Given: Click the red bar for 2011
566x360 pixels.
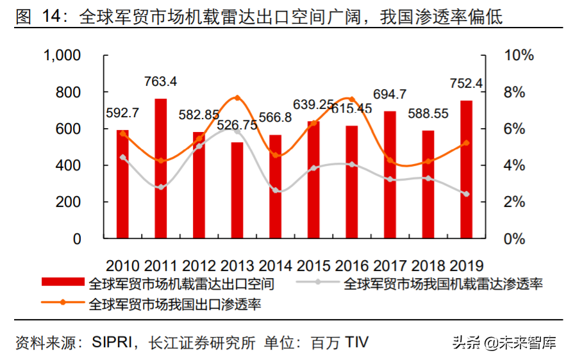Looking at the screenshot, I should point(161,168).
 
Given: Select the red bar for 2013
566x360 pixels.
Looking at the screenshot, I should point(237,190).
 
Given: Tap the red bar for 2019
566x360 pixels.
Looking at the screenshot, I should point(466,169).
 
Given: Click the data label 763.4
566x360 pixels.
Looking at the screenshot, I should point(161,81).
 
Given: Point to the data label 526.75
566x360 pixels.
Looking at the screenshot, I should point(237,126).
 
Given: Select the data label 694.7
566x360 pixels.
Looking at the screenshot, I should point(390,94).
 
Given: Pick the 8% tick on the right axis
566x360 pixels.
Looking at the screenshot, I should point(518,92).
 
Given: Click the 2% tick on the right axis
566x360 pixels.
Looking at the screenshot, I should point(518,202).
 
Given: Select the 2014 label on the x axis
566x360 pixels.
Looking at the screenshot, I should point(276,265).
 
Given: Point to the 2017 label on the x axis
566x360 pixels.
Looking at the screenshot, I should point(390,265).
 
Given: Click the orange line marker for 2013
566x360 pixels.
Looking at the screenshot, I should point(237,98).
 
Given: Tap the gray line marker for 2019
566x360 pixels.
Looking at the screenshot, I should point(466,193).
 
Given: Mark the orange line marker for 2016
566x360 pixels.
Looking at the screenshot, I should point(352,99).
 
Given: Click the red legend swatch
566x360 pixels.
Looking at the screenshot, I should point(62,282).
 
